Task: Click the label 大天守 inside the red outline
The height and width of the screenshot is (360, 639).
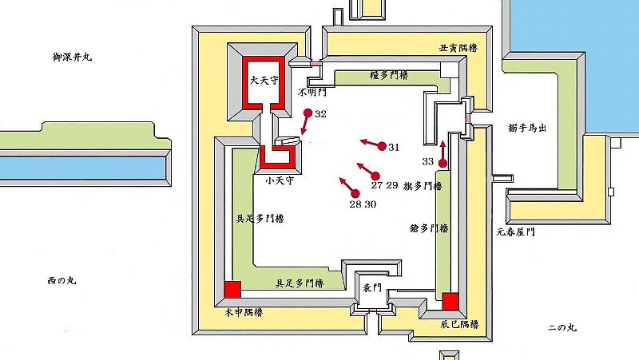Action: click(264, 81)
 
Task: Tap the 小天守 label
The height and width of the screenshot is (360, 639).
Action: click(280, 180)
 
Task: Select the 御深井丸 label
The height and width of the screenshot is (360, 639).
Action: click(73, 57)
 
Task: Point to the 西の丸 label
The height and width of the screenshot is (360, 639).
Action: click(62, 281)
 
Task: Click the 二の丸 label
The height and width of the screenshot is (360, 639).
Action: click(562, 328)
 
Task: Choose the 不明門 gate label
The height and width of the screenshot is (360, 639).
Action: click(312, 93)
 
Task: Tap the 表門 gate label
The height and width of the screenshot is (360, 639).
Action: click(372, 288)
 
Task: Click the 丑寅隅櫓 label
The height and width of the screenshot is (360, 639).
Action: click(458, 48)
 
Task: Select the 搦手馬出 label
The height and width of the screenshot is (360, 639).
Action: click(527, 128)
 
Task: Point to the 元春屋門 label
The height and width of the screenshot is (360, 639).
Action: click(515, 232)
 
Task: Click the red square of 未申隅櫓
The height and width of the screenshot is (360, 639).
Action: click(232, 289)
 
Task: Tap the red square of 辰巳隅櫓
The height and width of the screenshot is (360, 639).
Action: click(450, 302)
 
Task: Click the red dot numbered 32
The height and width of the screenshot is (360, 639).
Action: click(308, 113)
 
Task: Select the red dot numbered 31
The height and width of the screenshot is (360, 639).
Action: click(382, 146)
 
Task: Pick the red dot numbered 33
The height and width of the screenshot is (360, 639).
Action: click(443, 164)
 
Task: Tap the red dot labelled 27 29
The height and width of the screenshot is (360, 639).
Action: click(375, 176)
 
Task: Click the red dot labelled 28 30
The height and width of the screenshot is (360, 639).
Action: click(355, 194)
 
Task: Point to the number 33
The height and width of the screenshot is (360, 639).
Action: click(428, 162)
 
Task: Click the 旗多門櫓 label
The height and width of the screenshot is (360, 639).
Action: click(423, 186)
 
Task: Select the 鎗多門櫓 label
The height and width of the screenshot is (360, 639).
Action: click(429, 228)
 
